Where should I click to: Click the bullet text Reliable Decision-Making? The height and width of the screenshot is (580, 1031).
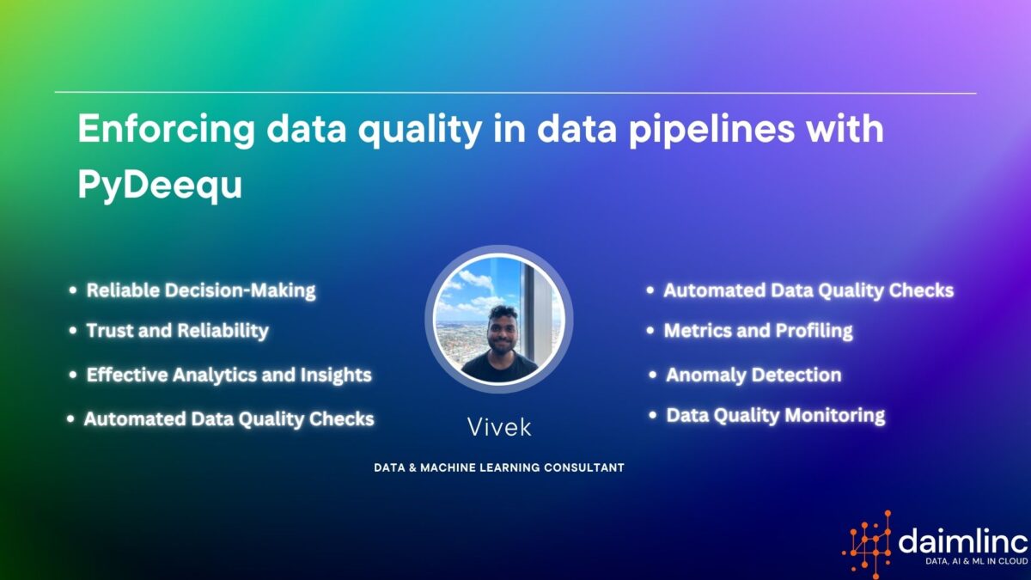tap(201, 290)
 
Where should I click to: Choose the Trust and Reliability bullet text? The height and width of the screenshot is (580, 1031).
tap(177, 330)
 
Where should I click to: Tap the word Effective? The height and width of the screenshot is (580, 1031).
tap(126, 375)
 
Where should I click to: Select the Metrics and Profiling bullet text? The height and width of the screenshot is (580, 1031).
tap(758, 330)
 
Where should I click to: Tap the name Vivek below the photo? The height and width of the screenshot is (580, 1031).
tap(499, 427)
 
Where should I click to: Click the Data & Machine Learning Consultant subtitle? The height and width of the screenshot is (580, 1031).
tap(498, 467)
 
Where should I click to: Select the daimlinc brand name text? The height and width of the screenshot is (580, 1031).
tap(962, 540)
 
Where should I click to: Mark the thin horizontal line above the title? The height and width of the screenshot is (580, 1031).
tap(515, 93)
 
